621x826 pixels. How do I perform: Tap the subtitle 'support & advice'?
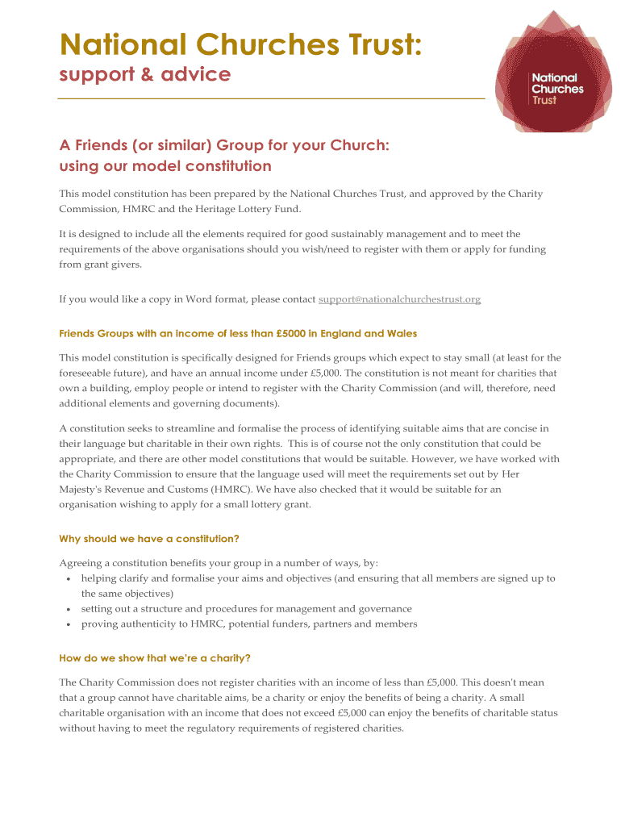coord(145,75)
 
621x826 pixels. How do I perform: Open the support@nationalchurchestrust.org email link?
coord(399,299)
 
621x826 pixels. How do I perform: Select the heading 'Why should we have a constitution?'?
coord(149,539)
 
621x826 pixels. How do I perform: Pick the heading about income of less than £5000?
coord(238,333)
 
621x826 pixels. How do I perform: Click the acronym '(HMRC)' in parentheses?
coord(235,489)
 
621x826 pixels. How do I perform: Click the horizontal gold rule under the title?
coord(272,98)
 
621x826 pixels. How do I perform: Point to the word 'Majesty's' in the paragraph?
coord(83,489)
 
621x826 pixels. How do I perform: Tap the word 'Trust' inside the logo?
coord(544,101)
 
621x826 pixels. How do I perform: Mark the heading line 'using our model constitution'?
coord(165,167)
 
